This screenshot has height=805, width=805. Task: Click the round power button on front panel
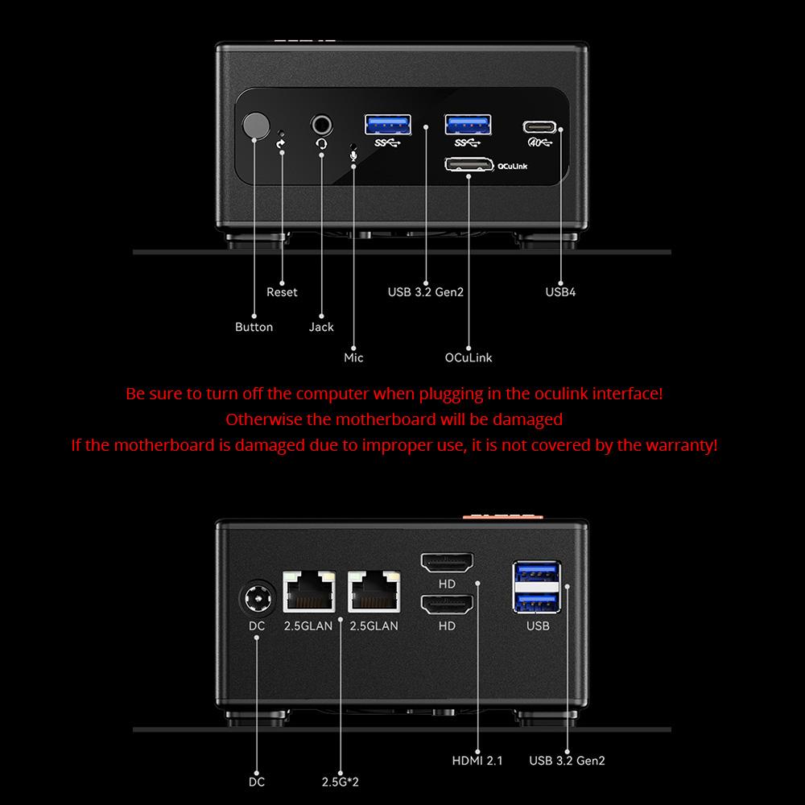coord(256,127)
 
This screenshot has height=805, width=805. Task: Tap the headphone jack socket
coord(322,125)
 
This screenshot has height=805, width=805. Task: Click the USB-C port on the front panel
coord(539,126)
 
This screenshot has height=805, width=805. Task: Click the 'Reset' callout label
coord(282,292)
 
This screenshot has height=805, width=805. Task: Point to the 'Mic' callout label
coord(353,357)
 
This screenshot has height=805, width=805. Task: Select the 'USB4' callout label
coord(560,292)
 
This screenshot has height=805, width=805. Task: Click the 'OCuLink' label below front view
coord(469,357)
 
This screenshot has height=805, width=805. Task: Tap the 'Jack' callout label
coord(321,327)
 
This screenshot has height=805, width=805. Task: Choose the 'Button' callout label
coord(254,327)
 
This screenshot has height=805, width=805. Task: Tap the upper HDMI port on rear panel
coord(447,563)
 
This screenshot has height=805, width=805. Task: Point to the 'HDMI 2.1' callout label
coord(477,760)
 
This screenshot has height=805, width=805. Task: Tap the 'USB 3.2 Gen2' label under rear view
coord(567,760)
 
